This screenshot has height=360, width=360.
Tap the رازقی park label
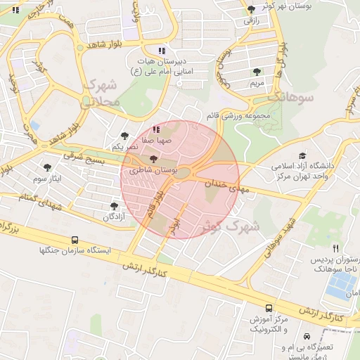point(252,21)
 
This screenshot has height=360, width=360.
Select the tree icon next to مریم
point(257,72)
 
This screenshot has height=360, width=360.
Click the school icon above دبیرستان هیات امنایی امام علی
point(162,51)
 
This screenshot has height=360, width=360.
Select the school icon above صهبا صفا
point(156,129)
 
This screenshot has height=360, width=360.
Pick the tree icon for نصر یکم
point(124,136)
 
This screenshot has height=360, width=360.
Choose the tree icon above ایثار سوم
point(47,167)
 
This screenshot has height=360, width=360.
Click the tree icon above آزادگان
point(114,205)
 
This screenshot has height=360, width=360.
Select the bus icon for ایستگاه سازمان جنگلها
point(75,240)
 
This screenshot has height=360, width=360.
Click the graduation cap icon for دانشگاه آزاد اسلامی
point(302,156)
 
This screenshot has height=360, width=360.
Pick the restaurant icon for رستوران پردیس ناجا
point(336,248)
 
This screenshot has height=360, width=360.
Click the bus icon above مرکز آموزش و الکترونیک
point(269,308)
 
